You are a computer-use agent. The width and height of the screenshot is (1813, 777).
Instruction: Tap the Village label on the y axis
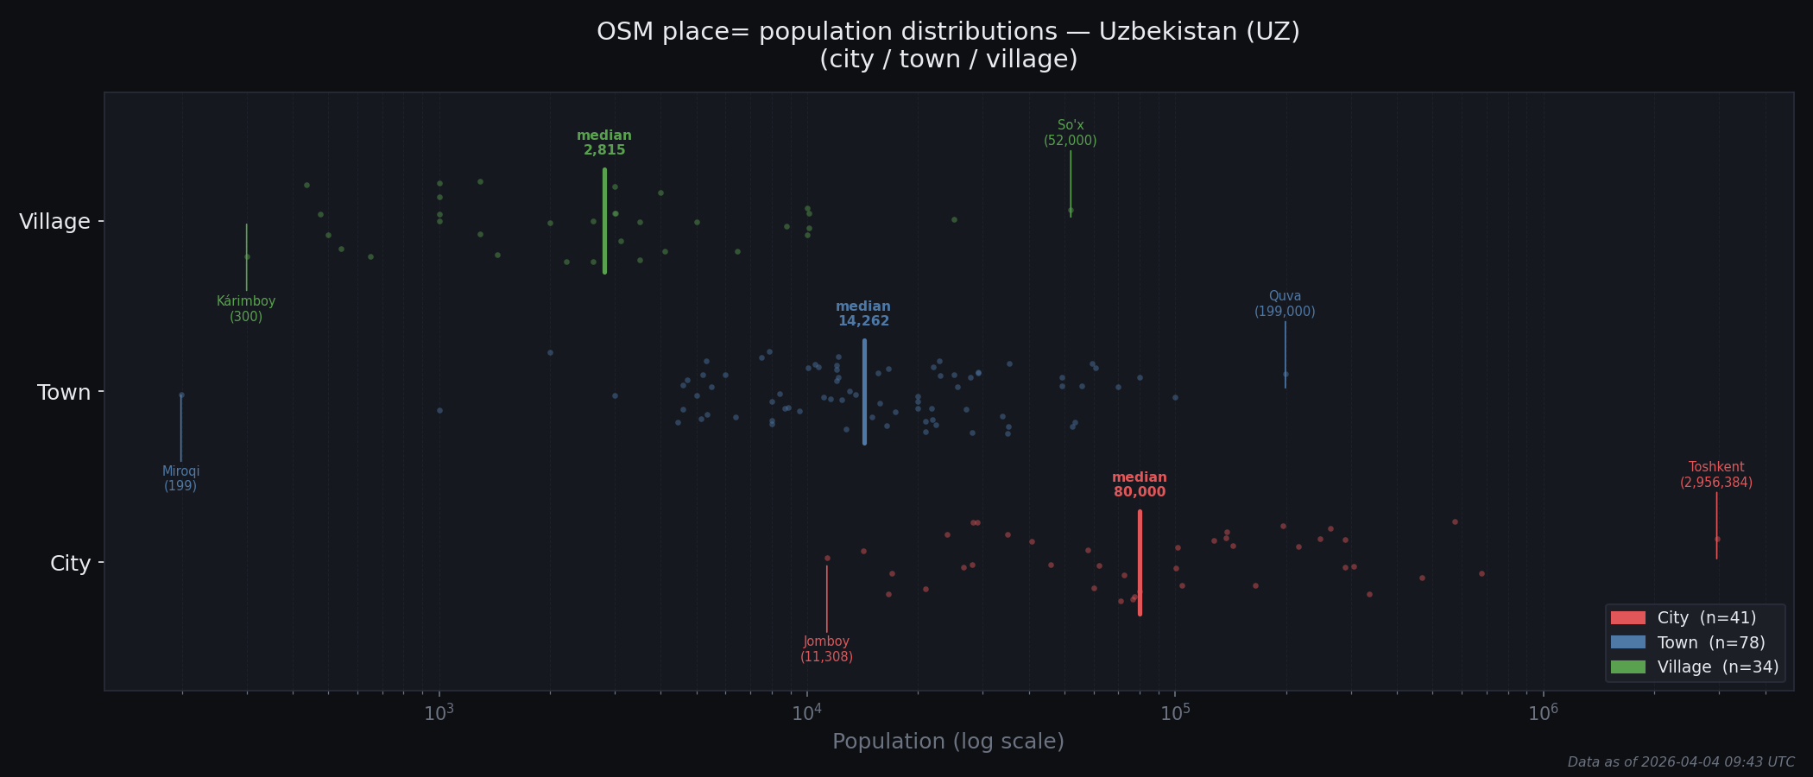(54, 222)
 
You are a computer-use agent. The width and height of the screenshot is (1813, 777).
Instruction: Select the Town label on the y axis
(64, 393)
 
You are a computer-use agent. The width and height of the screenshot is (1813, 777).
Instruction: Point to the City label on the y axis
(70, 564)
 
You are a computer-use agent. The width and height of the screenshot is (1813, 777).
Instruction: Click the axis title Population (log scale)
(948, 742)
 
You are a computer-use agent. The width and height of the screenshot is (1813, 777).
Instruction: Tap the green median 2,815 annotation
(604, 143)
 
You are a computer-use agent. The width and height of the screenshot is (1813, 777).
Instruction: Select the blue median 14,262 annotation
(863, 314)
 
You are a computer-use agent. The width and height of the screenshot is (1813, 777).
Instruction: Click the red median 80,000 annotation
(1140, 485)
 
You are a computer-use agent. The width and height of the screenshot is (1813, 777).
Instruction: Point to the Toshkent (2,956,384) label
(1716, 475)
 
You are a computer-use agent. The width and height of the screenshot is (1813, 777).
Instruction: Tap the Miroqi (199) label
(180, 479)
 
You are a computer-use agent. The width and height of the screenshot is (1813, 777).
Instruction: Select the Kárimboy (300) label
(246, 309)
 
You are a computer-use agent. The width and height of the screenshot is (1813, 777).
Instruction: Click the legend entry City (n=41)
(1683, 618)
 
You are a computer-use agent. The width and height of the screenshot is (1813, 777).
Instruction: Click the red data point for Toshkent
(1717, 539)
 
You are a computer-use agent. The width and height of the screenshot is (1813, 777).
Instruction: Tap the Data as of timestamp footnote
(1681, 762)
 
